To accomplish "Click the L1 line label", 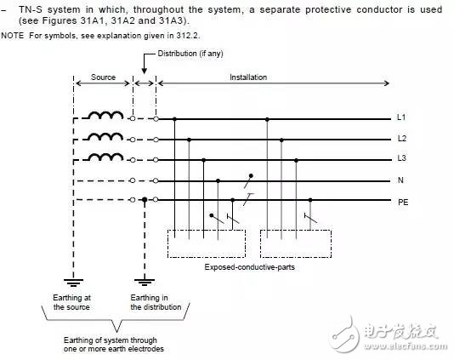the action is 401,117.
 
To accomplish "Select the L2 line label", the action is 402,138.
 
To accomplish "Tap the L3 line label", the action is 402,158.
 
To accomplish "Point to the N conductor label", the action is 400,180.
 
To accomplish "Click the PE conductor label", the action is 403,202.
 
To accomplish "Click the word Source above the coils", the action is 103,77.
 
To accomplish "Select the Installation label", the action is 248,77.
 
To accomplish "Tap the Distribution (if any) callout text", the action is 190,54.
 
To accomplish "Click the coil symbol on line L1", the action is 105,116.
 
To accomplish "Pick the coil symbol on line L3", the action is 105,157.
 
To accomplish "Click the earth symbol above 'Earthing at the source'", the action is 74,283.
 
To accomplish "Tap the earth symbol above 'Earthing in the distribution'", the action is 145,282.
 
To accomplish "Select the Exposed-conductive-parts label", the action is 250,267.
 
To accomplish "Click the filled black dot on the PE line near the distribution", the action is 145,199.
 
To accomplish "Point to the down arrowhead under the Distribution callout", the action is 145,71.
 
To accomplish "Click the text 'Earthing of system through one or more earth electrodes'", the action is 114,345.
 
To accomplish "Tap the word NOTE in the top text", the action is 13,36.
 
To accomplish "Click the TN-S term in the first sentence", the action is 31,9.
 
